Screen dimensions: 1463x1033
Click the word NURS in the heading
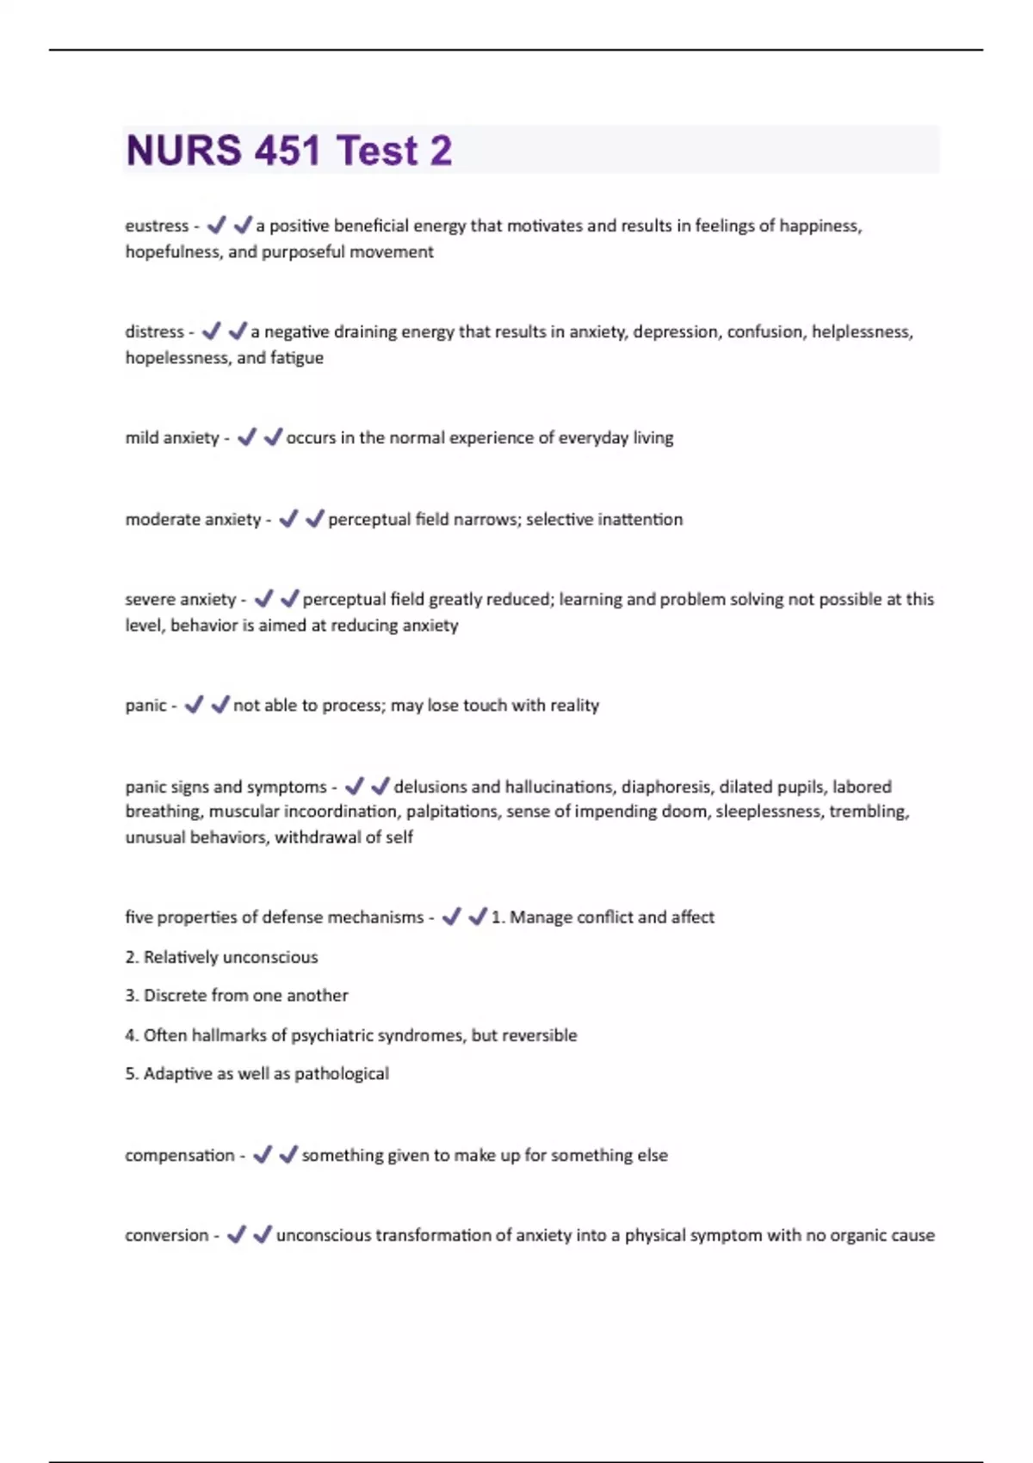[x=184, y=151]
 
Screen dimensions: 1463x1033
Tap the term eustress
[x=157, y=225]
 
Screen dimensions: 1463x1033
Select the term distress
[x=155, y=331]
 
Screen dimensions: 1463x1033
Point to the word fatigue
[x=297, y=357]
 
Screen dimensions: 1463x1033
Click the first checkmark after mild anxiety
[x=247, y=437]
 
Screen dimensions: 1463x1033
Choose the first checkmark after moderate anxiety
[x=288, y=518]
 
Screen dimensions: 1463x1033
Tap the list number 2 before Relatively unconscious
[x=131, y=957]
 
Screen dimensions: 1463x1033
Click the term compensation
[x=180, y=1155]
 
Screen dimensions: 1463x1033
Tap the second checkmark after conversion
[x=263, y=1234]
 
